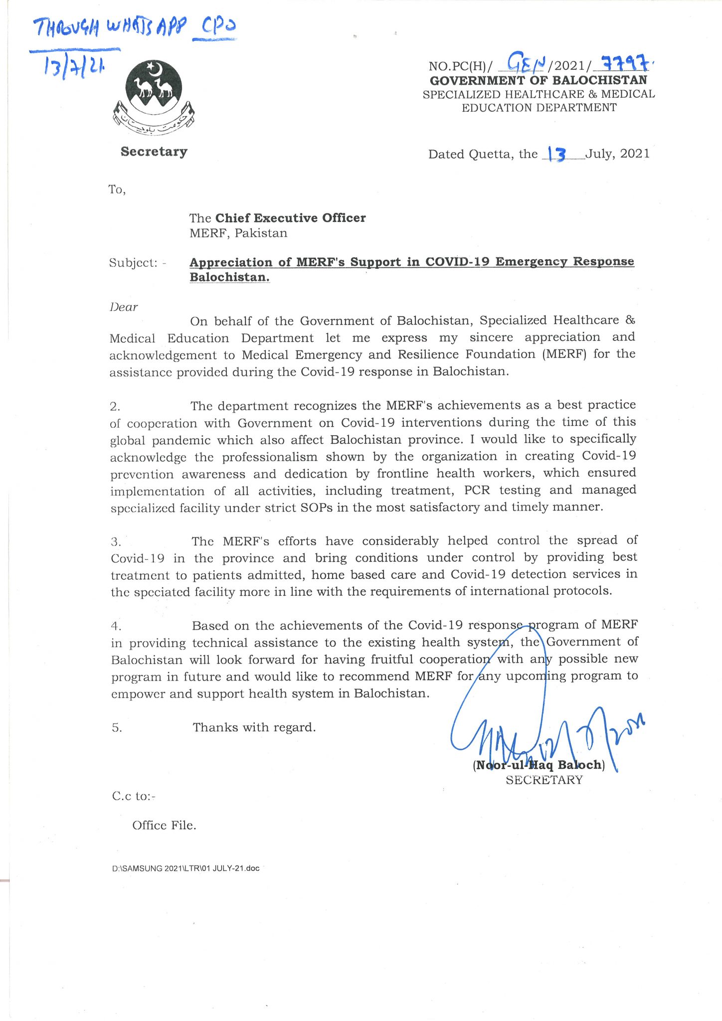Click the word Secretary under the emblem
point(154,152)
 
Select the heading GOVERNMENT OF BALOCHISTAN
point(539,80)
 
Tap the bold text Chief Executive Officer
point(290,218)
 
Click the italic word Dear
point(124,307)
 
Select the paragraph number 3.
point(116,541)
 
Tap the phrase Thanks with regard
point(254,727)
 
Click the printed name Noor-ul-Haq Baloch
point(539,765)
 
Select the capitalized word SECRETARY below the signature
point(544,780)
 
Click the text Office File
point(164,826)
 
